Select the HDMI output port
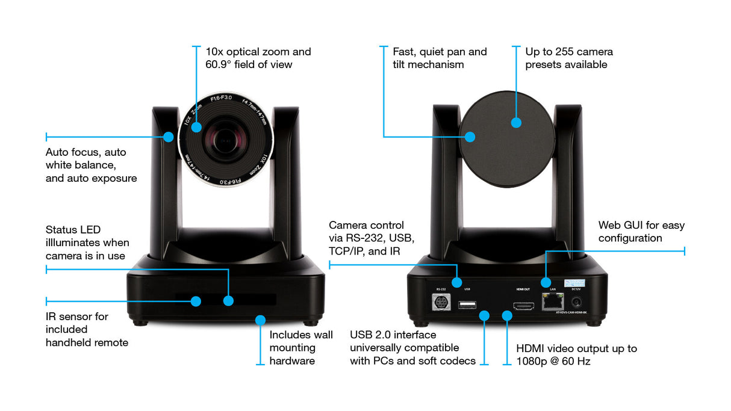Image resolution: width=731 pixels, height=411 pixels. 523,306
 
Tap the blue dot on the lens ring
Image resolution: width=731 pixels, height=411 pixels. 196,127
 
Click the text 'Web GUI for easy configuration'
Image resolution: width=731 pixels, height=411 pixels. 641,232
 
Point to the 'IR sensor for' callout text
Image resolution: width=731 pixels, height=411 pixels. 76,317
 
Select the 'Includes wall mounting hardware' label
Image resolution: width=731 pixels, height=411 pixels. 300,348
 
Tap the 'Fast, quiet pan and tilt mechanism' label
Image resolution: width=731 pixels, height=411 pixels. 440,58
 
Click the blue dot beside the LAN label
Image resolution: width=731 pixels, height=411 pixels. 546,282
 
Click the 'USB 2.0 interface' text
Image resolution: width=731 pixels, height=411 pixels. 393,335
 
